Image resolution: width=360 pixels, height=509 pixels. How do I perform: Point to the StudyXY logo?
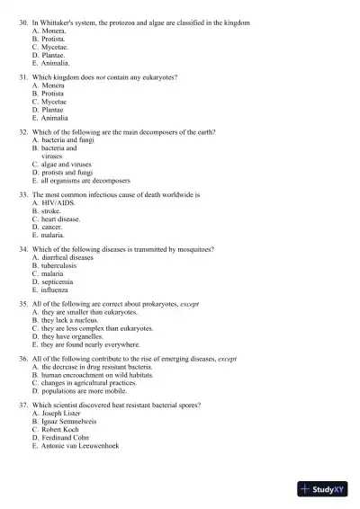(325, 489)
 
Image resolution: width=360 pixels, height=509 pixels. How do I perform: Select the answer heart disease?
(60, 219)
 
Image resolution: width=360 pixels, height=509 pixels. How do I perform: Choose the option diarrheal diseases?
(66, 258)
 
